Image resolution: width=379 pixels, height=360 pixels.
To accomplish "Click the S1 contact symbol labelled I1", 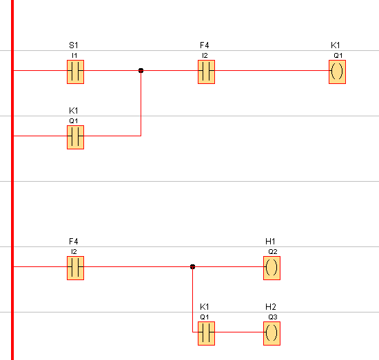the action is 75,72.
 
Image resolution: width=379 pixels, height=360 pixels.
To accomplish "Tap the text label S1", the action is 74,45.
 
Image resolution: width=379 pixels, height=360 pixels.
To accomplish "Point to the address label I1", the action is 74,56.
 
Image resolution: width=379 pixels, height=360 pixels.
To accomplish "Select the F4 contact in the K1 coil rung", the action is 207,72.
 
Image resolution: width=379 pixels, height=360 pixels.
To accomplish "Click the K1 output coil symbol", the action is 337,72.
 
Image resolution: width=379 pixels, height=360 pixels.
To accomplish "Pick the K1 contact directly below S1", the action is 75,138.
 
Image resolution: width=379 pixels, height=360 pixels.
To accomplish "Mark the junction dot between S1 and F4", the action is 141,70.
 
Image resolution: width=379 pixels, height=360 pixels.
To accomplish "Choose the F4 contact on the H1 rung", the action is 75,268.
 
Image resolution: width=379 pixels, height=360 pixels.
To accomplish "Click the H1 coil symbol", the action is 272,268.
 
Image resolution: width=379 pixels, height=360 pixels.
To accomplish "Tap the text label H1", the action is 270,241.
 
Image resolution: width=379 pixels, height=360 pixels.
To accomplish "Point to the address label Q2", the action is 273,252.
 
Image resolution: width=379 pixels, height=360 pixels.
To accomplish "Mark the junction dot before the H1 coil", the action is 193,266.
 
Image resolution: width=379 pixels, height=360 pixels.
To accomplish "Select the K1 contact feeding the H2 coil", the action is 207,333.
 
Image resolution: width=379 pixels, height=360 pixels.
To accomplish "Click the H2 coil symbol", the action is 272,333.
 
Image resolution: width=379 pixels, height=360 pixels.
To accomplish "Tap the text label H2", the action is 271,306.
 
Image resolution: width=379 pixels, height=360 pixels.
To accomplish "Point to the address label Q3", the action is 273,317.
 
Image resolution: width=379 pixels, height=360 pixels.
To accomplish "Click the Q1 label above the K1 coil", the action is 338,56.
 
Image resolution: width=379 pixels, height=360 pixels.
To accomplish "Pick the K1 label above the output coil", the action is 336,45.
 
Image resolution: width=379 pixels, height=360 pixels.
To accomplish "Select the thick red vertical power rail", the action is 12,180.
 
